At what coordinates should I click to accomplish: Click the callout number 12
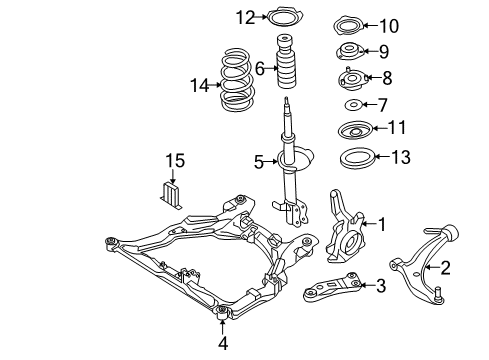click(245, 17)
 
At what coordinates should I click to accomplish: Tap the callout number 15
click(175, 161)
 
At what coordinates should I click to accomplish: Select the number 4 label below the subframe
click(223, 343)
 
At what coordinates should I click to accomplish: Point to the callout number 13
click(401, 157)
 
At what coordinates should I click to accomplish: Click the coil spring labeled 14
click(237, 80)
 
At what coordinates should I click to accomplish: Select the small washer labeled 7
click(353, 105)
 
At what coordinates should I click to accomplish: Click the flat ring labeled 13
click(356, 160)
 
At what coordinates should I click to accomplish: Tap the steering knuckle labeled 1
click(345, 227)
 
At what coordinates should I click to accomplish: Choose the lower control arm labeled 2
click(421, 263)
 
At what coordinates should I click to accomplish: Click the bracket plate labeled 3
click(332, 287)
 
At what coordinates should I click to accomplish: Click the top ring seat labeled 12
click(285, 17)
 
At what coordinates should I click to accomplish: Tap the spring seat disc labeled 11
click(355, 131)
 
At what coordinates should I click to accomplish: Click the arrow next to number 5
click(271, 162)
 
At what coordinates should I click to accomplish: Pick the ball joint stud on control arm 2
click(439, 295)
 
